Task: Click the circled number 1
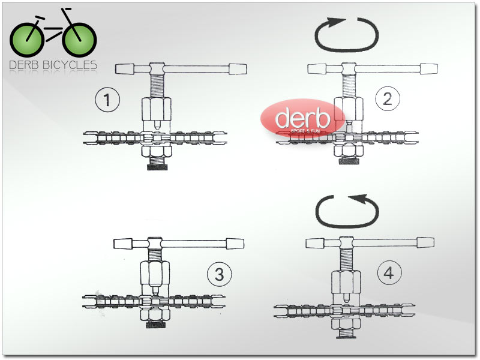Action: click(107, 100)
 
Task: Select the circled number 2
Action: click(388, 98)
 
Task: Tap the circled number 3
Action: click(220, 274)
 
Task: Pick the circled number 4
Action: click(389, 272)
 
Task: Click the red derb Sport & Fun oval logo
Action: click(303, 118)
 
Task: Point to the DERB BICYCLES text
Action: click(53, 65)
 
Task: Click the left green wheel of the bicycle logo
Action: click(27, 40)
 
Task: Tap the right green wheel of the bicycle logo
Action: click(80, 40)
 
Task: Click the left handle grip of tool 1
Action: click(125, 69)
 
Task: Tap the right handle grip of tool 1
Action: click(238, 69)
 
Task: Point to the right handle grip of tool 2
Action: click(429, 68)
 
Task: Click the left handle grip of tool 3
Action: click(123, 244)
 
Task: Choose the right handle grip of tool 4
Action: click(425, 242)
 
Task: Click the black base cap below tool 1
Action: click(157, 167)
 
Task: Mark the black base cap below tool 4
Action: click(346, 337)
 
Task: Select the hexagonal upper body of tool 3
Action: click(155, 273)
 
